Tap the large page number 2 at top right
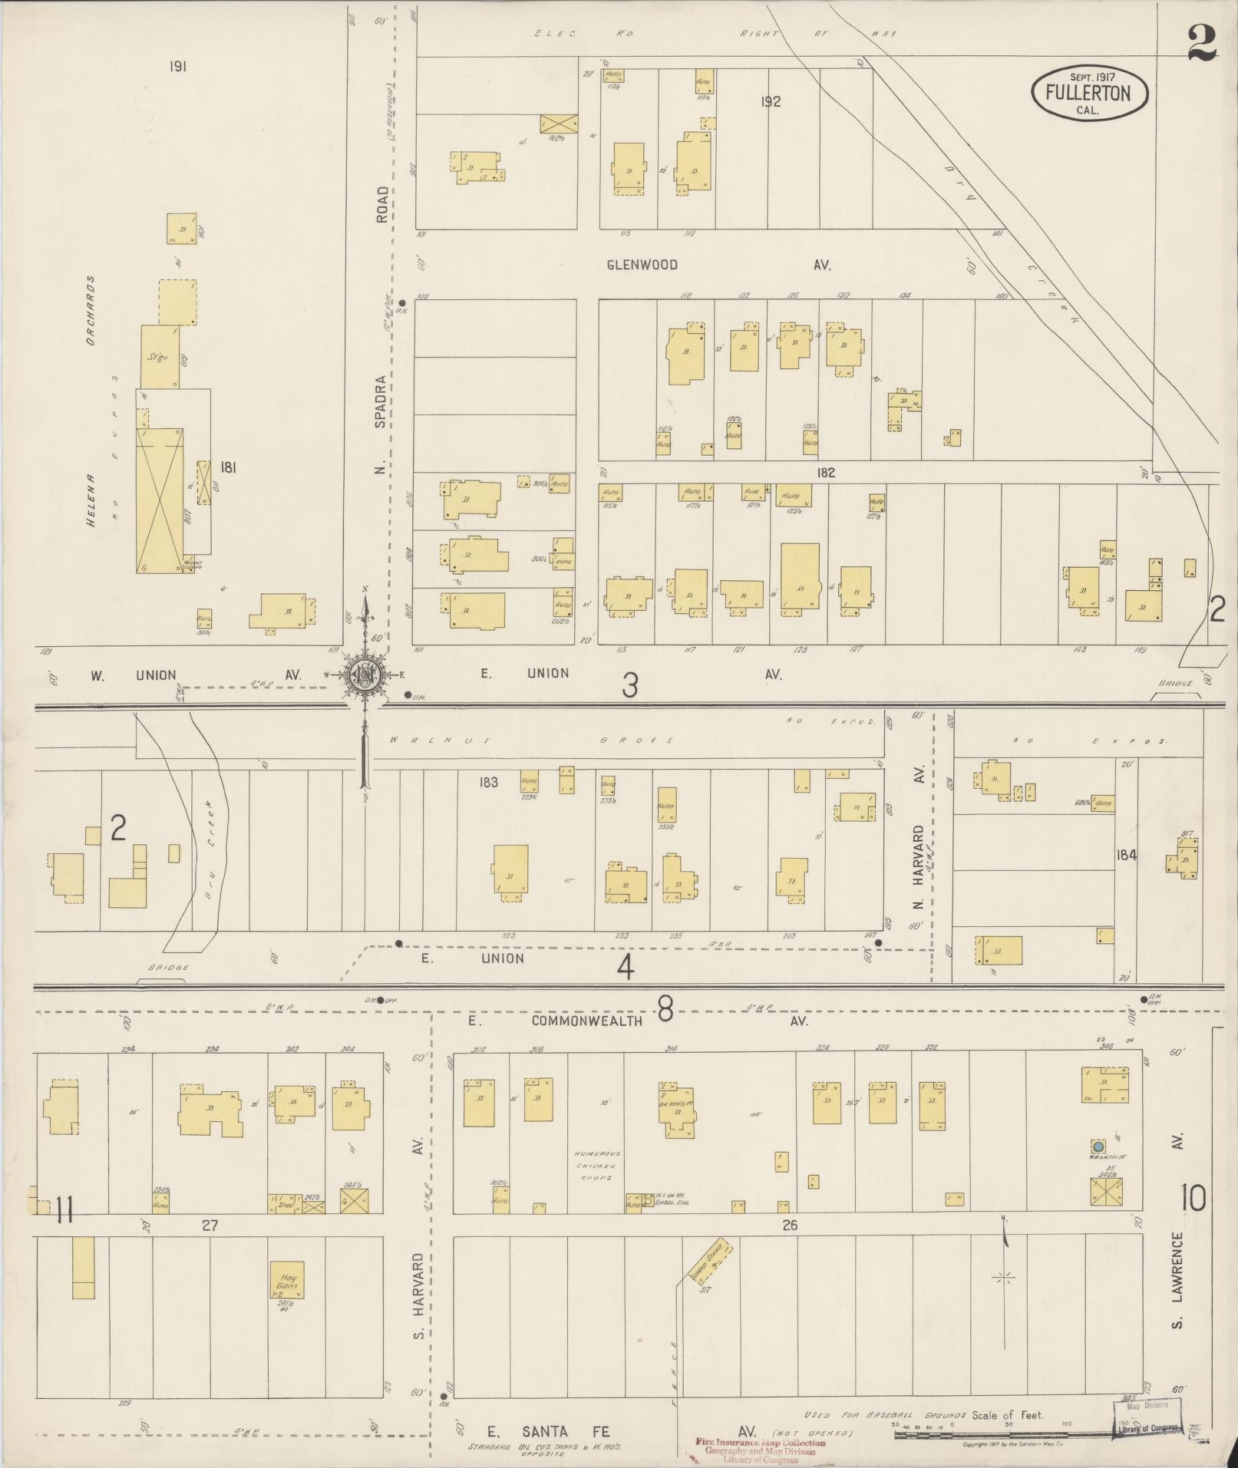1202,44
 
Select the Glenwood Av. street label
718,265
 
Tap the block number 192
771,101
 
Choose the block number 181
227,467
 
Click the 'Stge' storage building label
159,357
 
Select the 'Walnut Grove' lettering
531,741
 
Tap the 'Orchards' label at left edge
90,310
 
